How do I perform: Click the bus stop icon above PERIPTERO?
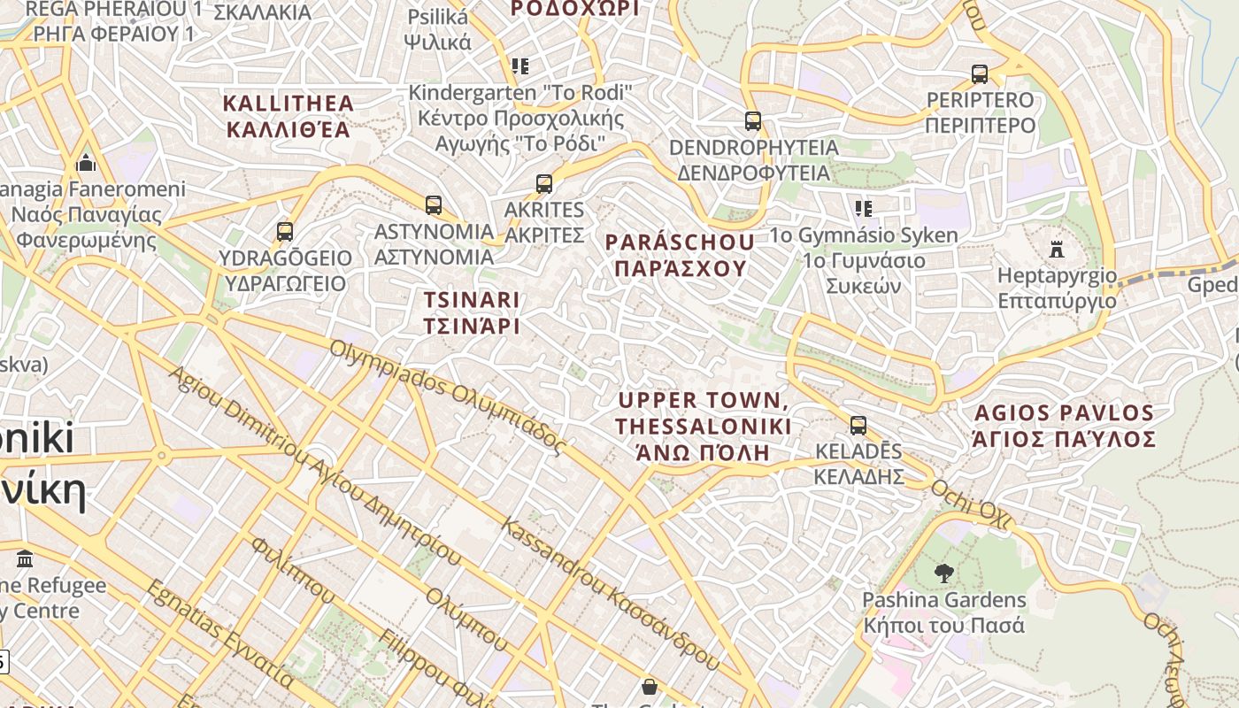979,73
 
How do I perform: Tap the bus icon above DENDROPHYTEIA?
752,120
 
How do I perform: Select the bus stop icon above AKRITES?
543,184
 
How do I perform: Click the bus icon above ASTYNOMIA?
433,205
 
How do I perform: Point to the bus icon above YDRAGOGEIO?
284,232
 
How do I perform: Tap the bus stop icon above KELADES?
858,426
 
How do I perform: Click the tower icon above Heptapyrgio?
1056,249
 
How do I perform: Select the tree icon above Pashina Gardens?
943,573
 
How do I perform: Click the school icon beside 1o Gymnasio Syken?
863,209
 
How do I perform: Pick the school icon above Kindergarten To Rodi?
519,66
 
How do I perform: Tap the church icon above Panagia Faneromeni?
86,163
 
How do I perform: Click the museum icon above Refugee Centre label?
25,559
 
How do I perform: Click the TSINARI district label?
471,312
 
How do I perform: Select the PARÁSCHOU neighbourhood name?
680,255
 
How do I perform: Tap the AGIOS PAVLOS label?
1064,426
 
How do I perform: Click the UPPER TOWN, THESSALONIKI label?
703,427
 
